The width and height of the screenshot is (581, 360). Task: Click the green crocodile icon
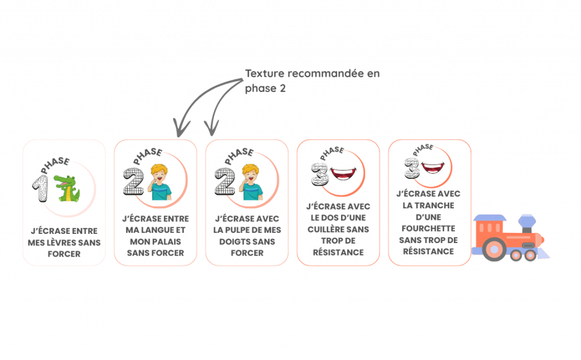tap(66, 189)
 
